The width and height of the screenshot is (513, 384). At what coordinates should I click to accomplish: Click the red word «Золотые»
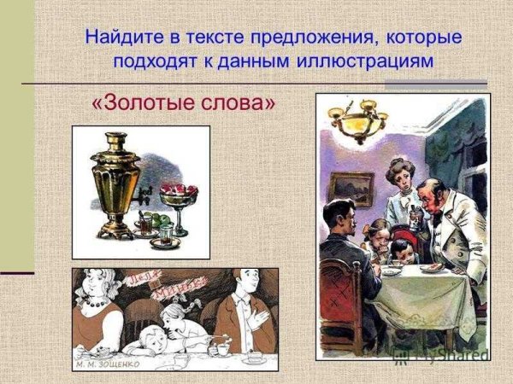click(150, 104)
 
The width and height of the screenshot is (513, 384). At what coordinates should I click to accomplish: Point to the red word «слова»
click(244, 104)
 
